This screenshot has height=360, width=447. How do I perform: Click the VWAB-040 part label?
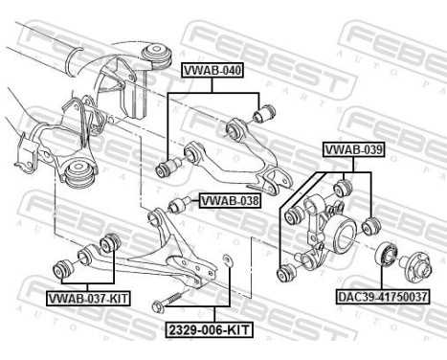[x=212, y=69]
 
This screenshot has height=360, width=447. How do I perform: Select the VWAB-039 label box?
[x=353, y=150]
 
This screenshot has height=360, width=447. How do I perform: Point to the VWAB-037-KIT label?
[x=89, y=298]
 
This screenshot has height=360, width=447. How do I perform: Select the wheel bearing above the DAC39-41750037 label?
[x=387, y=256]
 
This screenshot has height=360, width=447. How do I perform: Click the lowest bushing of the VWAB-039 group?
[x=283, y=275]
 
